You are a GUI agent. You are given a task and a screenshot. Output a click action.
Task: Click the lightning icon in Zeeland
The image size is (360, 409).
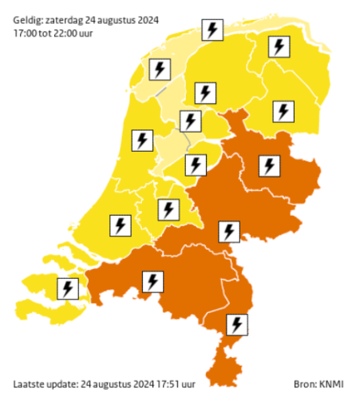pos(68,288)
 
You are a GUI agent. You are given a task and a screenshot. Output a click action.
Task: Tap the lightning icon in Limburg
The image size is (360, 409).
pos(237,324)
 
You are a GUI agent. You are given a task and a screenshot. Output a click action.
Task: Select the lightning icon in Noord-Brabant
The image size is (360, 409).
pos(152,281)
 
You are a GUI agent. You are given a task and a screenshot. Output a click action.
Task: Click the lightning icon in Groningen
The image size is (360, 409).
pos(279,47)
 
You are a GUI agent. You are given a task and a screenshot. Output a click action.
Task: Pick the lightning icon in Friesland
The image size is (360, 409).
pos(212,30)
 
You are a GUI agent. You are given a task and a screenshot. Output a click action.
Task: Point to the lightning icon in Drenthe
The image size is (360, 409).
pos(283,109)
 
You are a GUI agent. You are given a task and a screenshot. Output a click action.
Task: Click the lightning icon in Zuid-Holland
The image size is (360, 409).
pos(120,224)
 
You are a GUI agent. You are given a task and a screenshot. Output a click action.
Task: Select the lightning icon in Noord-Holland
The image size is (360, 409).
pos(142,141)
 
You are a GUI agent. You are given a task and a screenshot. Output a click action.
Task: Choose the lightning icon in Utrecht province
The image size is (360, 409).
pos(168,209)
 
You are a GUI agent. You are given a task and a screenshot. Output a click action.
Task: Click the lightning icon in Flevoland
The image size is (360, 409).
pos(195,165)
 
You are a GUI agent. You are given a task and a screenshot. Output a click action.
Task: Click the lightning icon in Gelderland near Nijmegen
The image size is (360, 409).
pos(229,232)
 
